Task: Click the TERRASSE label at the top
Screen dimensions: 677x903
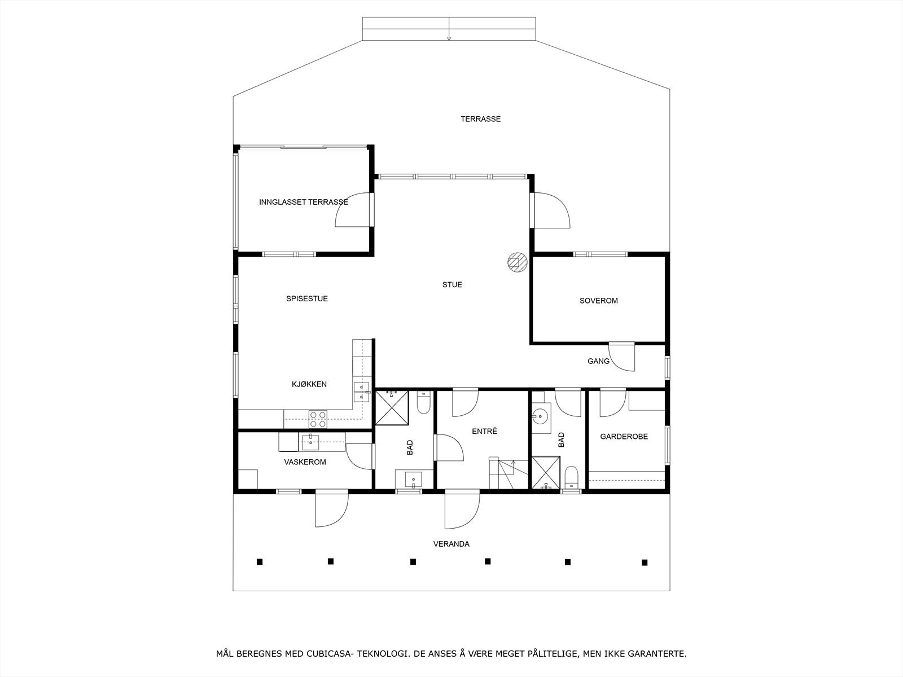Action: click(480, 119)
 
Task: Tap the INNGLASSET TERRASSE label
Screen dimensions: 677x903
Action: click(303, 202)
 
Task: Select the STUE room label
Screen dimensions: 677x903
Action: click(452, 284)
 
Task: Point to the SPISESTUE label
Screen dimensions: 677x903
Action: click(306, 298)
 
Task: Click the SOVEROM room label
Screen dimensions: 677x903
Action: click(598, 301)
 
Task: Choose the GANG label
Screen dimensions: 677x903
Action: click(598, 361)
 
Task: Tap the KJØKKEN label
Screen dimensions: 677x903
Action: click(309, 384)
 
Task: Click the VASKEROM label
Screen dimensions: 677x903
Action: click(305, 462)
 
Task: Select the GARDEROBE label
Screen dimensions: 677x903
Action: click(624, 437)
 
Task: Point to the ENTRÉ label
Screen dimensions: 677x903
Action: click(484, 431)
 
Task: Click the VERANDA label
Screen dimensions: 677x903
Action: click(451, 544)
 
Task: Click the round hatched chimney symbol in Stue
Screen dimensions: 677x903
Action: click(516, 262)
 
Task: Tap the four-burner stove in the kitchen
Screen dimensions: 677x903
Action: click(318, 419)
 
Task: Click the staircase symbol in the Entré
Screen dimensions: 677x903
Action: click(508, 474)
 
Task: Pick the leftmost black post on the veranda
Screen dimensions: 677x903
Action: click(260, 561)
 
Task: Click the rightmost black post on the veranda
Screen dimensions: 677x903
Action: click(644, 562)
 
